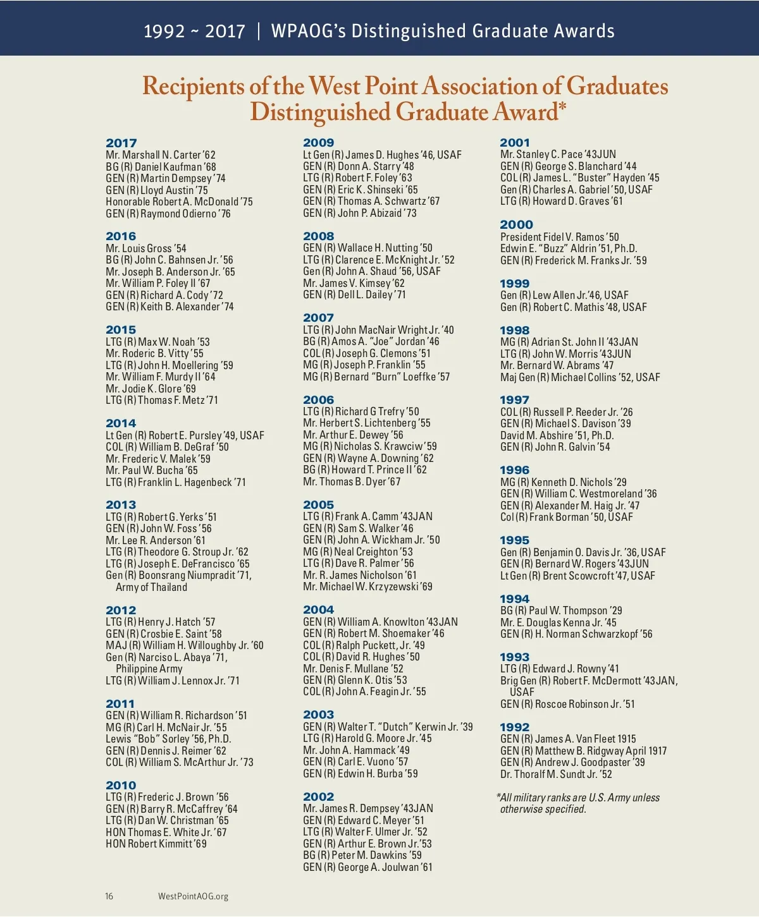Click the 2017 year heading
(x=121, y=143)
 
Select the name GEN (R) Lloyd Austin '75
(x=157, y=190)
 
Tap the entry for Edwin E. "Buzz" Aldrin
(x=569, y=248)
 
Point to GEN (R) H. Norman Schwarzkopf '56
(x=576, y=634)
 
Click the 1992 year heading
(x=514, y=727)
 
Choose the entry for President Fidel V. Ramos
(x=560, y=237)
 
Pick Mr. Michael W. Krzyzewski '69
(x=367, y=586)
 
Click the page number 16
(x=109, y=896)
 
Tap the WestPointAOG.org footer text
(x=193, y=896)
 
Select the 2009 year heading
(x=318, y=143)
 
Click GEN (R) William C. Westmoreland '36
(x=579, y=494)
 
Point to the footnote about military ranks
(x=579, y=803)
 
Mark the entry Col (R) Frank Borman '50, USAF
(x=567, y=517)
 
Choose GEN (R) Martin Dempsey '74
(x=166, y=178)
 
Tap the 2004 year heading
(x=318, y=610)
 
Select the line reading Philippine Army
(x=149, y=669)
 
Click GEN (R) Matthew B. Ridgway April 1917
(x=583, y=751)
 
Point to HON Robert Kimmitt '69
(x=156, y=844)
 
